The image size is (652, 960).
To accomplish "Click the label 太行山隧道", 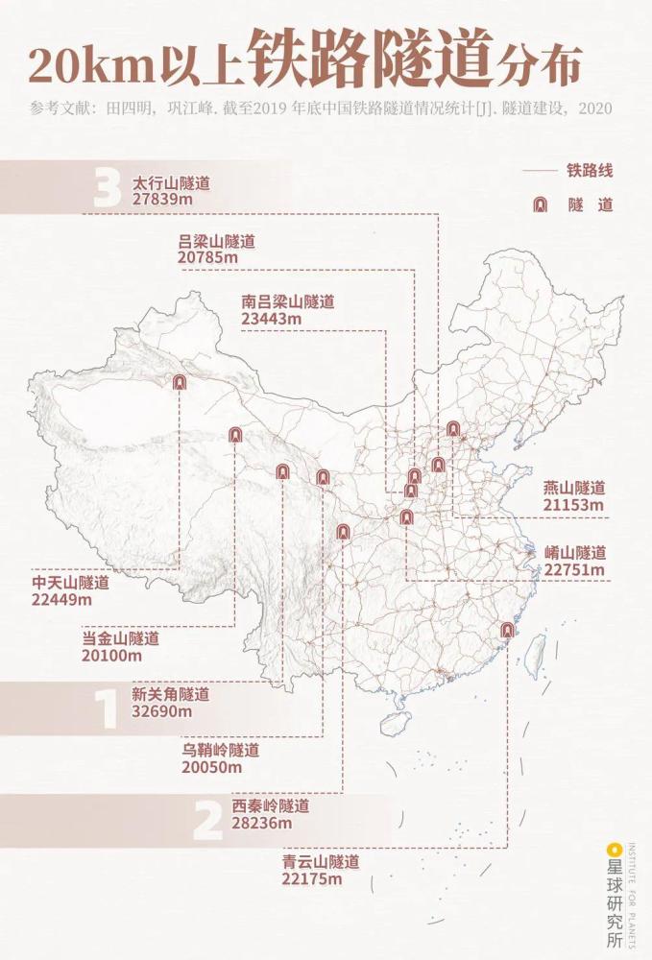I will [171, 182].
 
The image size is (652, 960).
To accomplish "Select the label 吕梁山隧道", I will [217, 242].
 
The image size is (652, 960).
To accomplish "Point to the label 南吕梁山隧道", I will [288, 301].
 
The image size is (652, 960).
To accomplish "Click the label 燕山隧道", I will [574, 488].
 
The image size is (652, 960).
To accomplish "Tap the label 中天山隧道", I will [70, 583].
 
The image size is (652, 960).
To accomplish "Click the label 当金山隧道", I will [120, 638].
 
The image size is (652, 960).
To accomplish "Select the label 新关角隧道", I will [170, 694].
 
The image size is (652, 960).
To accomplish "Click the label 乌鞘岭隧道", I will [220, 750].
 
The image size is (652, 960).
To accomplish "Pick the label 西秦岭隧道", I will [270, 804].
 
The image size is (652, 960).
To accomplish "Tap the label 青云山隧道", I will [321, 862].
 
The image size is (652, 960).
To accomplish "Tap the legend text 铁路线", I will [590, 171].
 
